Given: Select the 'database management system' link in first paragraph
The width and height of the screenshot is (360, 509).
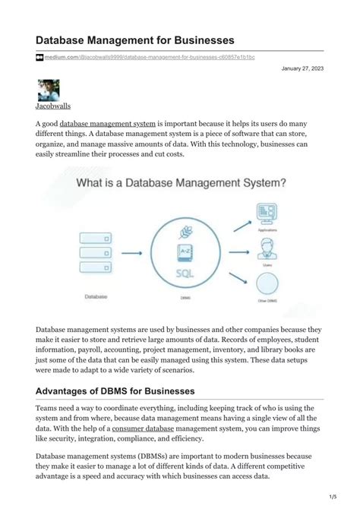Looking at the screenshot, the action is click(108, 123).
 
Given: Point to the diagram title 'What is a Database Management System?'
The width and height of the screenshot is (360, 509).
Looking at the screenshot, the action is click(180, 183).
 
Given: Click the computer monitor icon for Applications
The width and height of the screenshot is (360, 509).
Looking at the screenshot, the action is click(266, 212).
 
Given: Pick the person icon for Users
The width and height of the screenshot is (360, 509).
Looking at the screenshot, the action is click(266, 248).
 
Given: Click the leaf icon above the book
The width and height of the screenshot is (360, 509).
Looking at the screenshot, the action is click(187, 231).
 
